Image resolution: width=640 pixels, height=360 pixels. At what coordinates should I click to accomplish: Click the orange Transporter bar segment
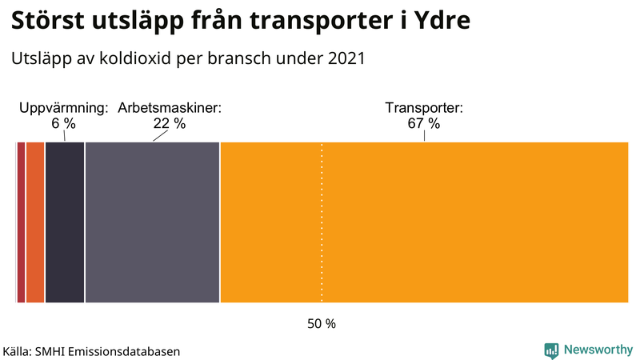424,222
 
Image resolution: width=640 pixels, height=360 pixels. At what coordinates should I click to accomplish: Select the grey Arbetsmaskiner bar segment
152,222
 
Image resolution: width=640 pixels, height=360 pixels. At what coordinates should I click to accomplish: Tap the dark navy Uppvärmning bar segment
65,222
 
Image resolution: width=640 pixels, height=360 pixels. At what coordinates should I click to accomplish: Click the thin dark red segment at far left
21,222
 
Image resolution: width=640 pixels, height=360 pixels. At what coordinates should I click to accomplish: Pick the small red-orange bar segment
35,222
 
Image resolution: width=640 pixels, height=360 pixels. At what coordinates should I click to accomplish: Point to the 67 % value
424,124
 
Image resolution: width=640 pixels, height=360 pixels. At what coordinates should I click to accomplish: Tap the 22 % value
170,124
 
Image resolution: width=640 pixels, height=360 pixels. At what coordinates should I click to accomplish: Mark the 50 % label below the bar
322,324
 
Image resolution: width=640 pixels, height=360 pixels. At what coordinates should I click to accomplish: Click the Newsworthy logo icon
551,350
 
